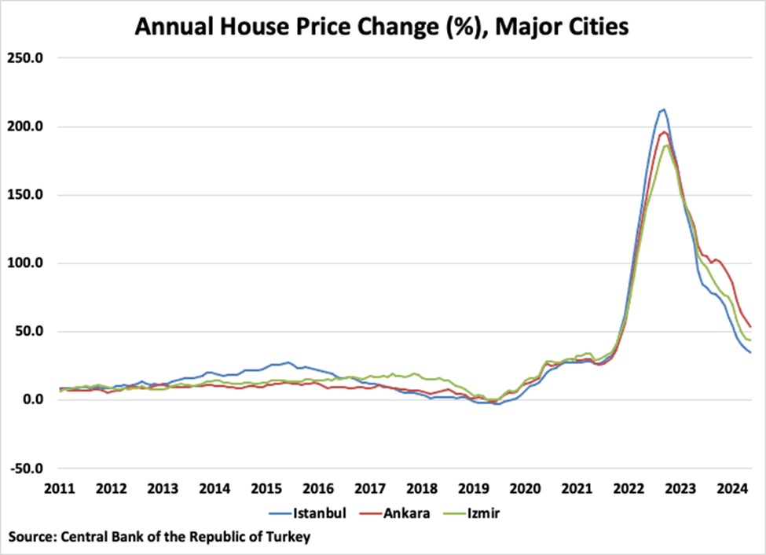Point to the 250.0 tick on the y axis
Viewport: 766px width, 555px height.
click(27, 58)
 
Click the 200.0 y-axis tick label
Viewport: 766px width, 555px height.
click(27, 127)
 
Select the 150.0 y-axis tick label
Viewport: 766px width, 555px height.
click(27, 195)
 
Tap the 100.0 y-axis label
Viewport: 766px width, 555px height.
click(27, 263)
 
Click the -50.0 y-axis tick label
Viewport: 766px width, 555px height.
click(27, 469)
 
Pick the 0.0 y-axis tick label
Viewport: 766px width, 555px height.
click(32, 400)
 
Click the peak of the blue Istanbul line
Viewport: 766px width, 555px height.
click(663, 109)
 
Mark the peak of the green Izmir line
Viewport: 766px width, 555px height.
click(666, 145)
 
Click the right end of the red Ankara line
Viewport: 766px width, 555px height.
click(751, 326)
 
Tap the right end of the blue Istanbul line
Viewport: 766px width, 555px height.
click(751, 352)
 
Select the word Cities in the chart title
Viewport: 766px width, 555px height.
click(590, 27)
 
